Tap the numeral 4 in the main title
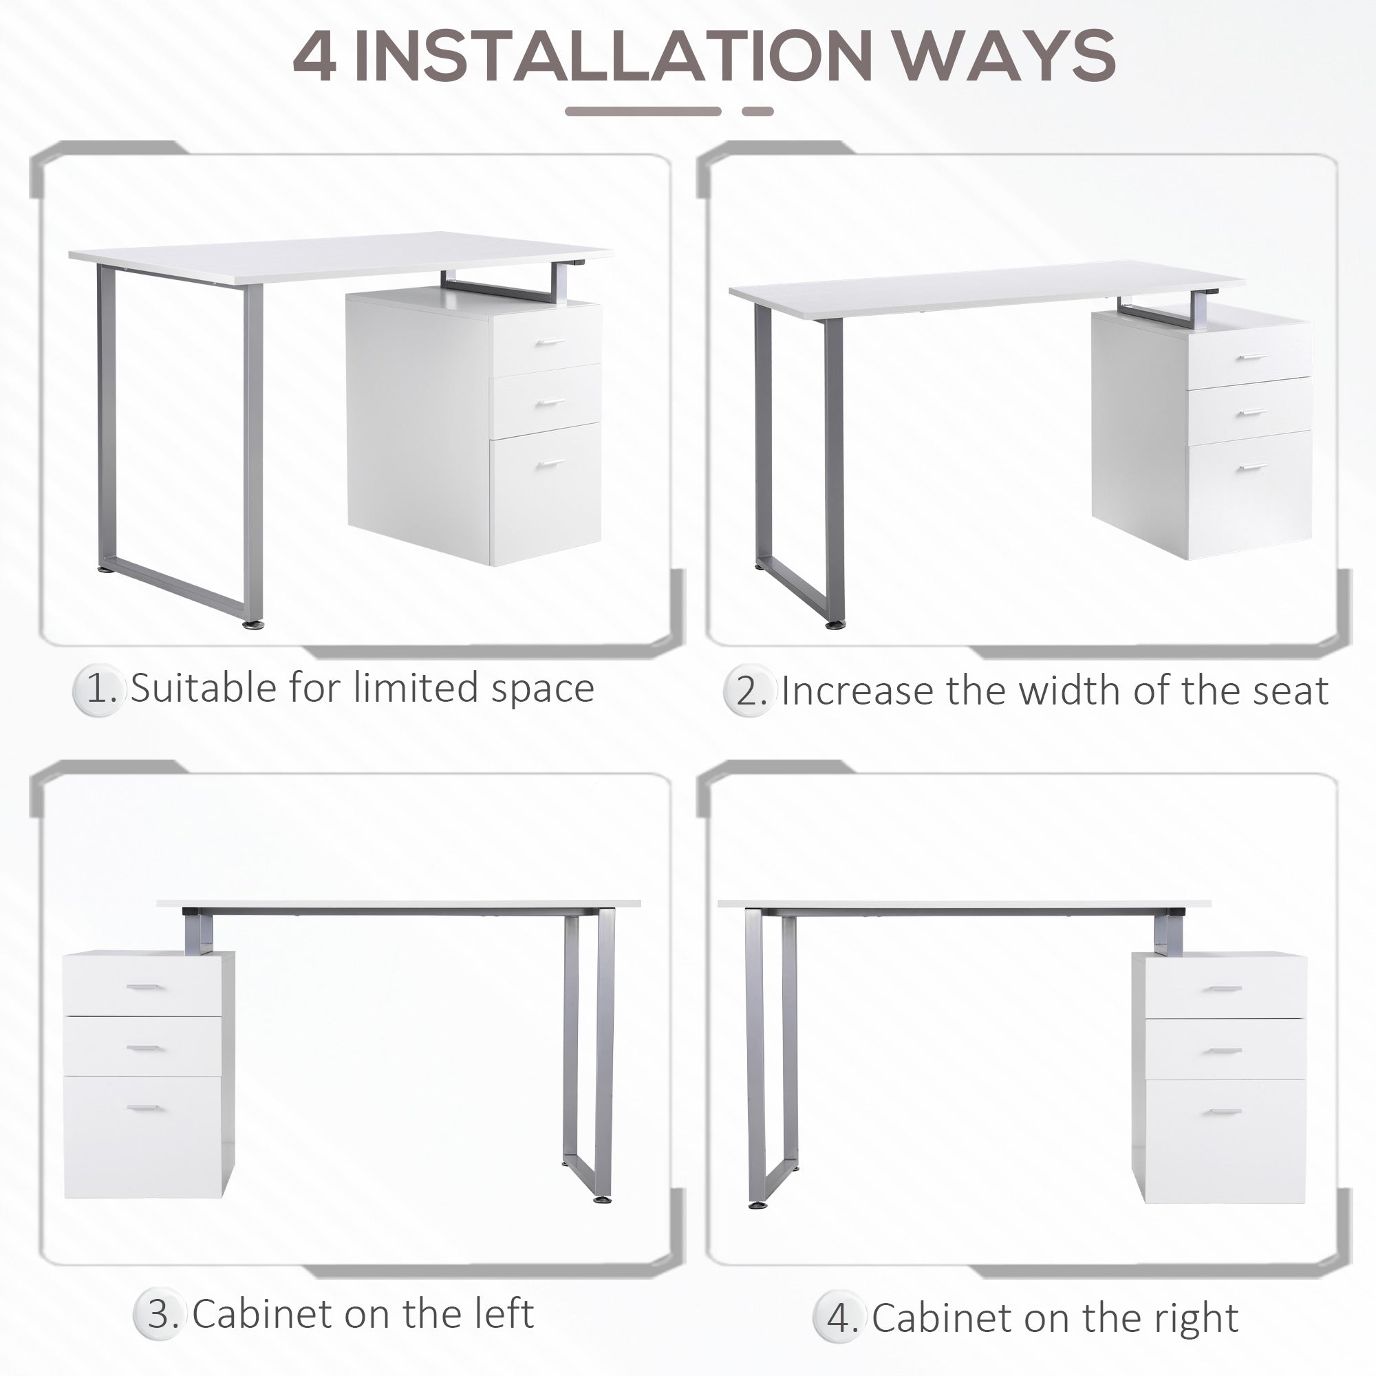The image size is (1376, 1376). point(314,57)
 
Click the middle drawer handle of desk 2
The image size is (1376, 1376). point(1251,412)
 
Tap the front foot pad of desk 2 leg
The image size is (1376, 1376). point(835,625)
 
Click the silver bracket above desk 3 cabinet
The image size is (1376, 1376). point(199,934)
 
